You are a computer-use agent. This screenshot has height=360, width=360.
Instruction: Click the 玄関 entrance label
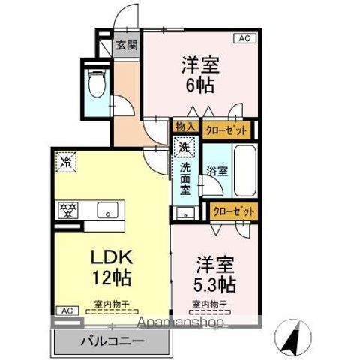(x=125, y=45)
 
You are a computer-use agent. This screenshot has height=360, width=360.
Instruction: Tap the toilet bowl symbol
(x=95, y=85)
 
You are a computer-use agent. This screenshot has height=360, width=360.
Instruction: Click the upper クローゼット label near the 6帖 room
(x=226, y=129)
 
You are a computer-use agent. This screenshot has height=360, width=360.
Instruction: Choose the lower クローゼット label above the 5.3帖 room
(x=233, y=212)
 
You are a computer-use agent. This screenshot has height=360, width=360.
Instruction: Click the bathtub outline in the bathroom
(x=244, y=169)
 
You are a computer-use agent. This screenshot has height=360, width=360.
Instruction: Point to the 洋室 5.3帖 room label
(x=216, y=274)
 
